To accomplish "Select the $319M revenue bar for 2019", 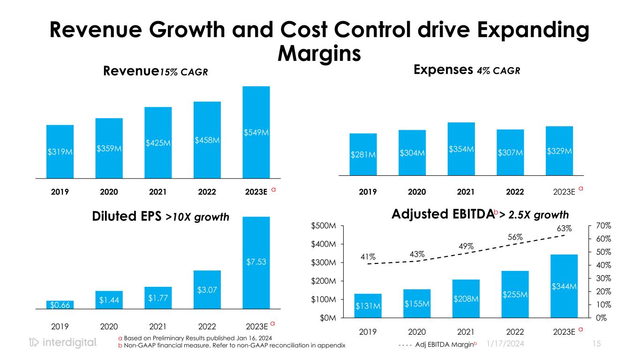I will (60, 151).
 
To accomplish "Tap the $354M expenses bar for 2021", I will (461, 149).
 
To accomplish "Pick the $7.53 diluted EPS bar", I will (256, 262).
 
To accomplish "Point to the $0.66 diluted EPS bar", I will (60, 305).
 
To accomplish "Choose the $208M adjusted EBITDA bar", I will (466, 299).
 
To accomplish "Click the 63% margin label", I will (565, 229).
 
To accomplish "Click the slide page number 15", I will (596, 344).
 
